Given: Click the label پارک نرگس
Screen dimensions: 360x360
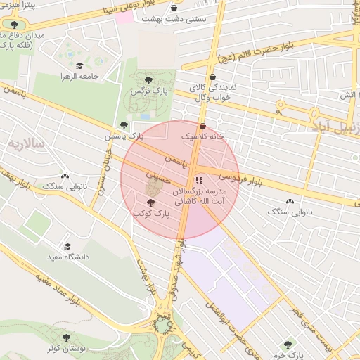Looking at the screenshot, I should (148, 91).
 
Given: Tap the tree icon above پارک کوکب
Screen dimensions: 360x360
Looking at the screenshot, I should (150, 202).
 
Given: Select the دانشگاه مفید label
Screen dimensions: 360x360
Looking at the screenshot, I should (67, 257).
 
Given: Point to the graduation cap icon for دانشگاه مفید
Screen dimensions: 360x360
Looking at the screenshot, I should (67, 247).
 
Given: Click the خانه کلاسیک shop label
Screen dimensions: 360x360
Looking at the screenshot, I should (203, 136).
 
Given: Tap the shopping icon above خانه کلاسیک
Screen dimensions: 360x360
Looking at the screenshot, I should (203, 127).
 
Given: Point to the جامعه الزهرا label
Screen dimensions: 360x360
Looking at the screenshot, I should (77, 75).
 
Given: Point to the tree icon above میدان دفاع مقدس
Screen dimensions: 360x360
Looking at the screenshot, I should (15, 25).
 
